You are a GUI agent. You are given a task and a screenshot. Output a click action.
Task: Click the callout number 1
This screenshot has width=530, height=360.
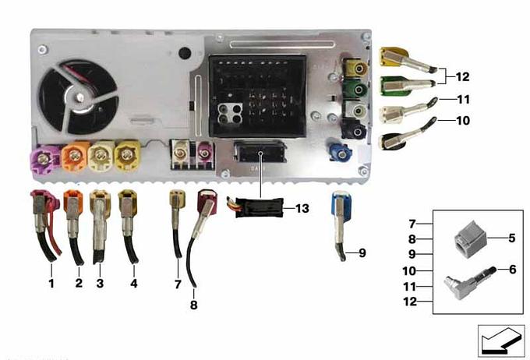coord(51,284)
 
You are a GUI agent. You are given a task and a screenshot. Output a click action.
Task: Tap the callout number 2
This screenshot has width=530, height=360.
coord(79,284)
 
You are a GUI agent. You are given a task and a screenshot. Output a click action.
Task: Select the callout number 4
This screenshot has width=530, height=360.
coord(134,284)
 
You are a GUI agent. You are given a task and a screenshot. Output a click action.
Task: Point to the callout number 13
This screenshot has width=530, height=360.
coord(302,208)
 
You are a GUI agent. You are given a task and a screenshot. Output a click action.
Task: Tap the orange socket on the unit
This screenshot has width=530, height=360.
coord(75,157)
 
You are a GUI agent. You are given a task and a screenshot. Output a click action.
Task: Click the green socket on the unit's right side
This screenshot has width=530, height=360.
coord(357,90)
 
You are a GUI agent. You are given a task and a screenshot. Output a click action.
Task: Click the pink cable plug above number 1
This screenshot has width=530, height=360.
coord(41,204)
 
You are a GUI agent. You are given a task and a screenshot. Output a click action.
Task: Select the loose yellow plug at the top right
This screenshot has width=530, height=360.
coord(394,58)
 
